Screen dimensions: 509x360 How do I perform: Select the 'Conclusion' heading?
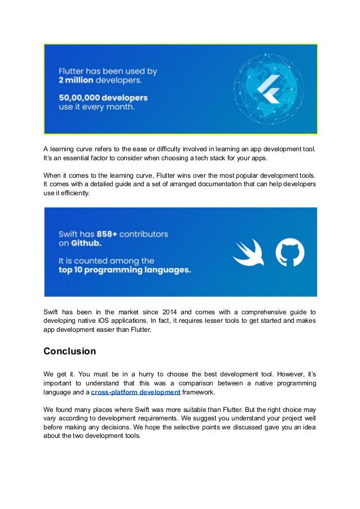(69, 352)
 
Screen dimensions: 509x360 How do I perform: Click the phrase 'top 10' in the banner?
(73, 270)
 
